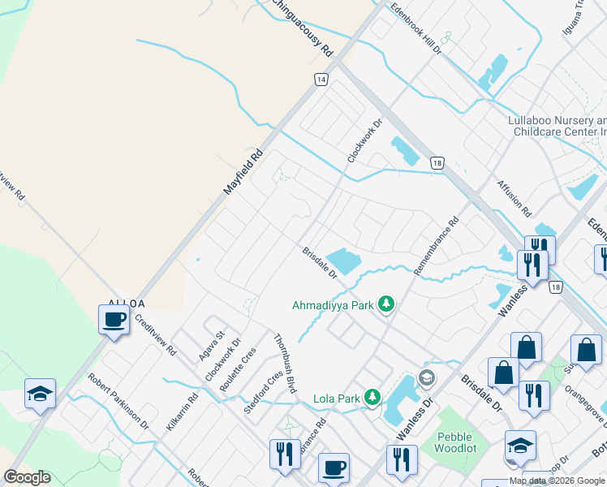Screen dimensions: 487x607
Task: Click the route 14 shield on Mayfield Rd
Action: tap(321, 80)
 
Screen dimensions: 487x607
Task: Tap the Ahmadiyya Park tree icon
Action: tap(387, 305)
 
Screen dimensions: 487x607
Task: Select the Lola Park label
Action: tap(336, 399)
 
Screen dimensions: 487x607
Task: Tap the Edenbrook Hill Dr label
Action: tap(415, 28)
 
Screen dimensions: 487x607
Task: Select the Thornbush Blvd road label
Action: tap(283, 364)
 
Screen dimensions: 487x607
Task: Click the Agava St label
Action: tap(211, 347)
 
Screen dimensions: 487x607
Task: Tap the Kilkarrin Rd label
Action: tap(181, 412)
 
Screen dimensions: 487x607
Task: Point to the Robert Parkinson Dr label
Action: tap(119, 401)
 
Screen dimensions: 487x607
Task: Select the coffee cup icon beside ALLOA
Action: tap(114, 319)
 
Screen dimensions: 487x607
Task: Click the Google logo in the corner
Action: tap(27, 477)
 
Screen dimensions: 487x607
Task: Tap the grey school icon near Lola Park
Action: tap(426, 378)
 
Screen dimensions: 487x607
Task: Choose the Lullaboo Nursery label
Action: tap(557, 125)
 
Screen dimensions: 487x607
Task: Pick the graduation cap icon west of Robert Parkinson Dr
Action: tap(40, 394)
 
